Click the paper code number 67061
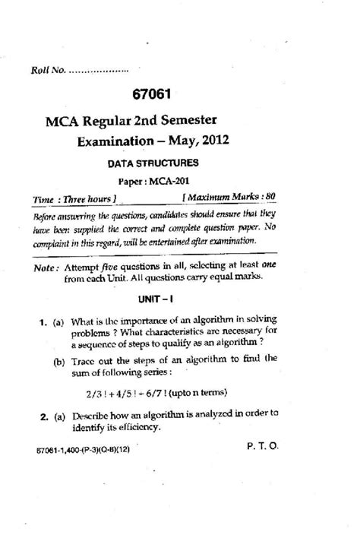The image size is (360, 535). pos(180,95)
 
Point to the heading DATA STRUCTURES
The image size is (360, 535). pos(158,162)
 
